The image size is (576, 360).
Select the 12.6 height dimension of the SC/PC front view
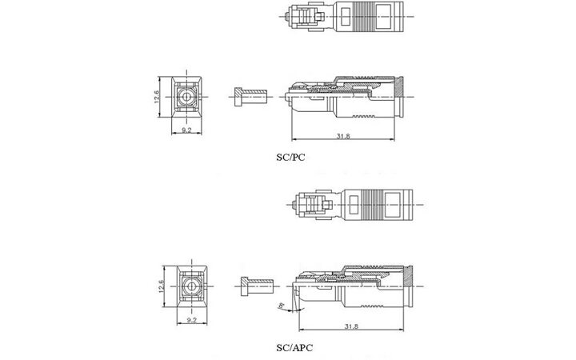pos(160,98)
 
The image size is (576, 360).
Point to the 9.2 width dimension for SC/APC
pos(192,318)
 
